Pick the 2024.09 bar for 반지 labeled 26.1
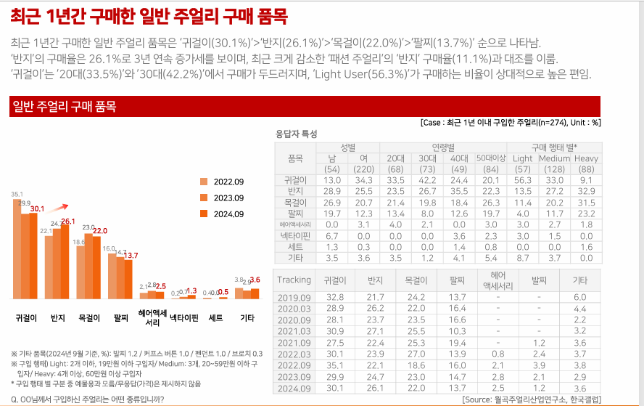[67, 261]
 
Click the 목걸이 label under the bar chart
[90, 318]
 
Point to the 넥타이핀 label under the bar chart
[183, 318]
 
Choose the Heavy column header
[586, 158]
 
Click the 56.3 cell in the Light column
[522, 180]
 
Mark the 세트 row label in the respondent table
[295, 247]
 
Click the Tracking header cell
[294, 280]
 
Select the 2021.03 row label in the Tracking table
[294, 331]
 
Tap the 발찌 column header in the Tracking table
[538, 280]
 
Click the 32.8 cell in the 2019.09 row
[335, 297]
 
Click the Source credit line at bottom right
[531, 399]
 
